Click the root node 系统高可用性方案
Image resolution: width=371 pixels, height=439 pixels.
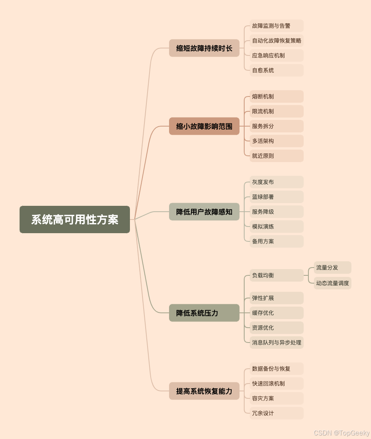[x=75, y=219]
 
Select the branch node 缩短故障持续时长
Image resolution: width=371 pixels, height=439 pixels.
[x=204, y=48]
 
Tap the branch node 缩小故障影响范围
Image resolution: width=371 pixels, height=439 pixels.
[x=204, y=126]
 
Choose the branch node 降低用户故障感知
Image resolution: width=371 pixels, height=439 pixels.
[x=204, y=212]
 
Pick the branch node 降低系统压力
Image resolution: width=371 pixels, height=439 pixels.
[x=204, y=313]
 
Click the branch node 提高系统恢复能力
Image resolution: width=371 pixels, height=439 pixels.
[x=204, y=391]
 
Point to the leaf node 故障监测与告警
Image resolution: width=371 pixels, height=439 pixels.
[x=276, y=26]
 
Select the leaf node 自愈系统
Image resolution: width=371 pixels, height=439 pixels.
[x=276, y=70]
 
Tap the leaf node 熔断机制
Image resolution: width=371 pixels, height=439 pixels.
[x=276, y=96]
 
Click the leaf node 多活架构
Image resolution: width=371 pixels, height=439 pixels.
[x=276, y=141]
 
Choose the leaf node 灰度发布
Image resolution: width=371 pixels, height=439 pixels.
[x=276, y=182]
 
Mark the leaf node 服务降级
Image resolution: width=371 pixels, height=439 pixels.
[x=276, y=212]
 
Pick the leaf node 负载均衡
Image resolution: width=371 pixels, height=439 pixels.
[x=276, y=275]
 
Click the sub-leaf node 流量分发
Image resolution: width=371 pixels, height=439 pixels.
[x=332, y=268]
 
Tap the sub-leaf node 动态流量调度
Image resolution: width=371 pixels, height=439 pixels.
[x=332, y=283]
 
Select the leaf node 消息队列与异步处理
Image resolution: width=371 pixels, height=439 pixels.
[x=276, y=343]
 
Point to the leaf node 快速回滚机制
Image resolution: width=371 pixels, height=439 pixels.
[x=276, y=384]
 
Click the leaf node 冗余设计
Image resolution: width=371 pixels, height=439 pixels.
[x=276, y=413]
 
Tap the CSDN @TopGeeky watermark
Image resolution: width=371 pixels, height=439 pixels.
[x=342, y=433]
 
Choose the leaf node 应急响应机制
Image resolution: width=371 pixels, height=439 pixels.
[x=276, y=55]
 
